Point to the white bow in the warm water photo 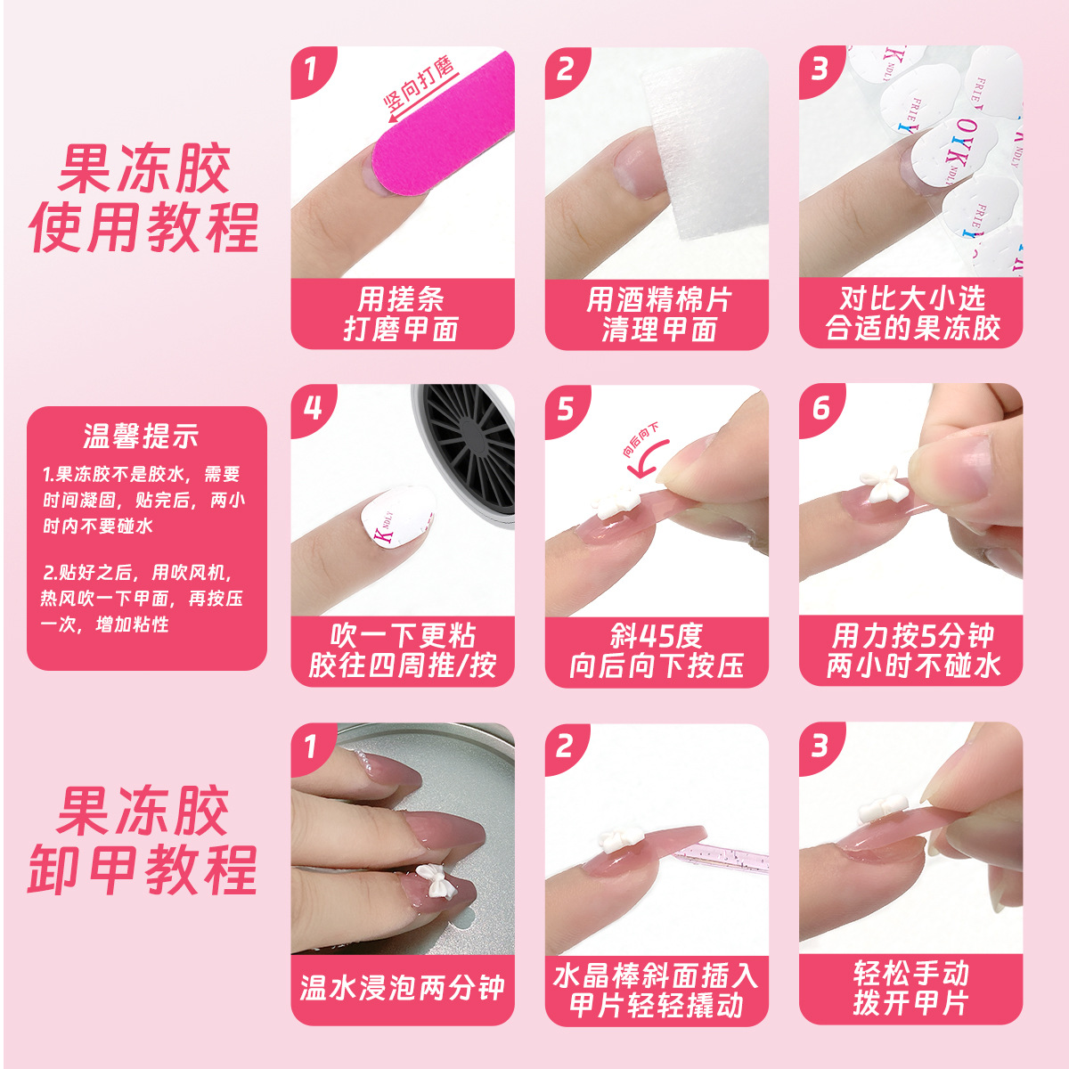[x=437, y=884]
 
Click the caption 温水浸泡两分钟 [x=403, y=988]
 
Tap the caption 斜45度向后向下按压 [x=657, y=651]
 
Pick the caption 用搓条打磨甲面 [x=403, y=314]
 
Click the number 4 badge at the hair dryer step [x=312, y=408]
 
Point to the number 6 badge [x=820, y=408]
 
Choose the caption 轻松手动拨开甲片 [x=910, y=988]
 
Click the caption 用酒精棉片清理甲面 [x=657, y=314]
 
